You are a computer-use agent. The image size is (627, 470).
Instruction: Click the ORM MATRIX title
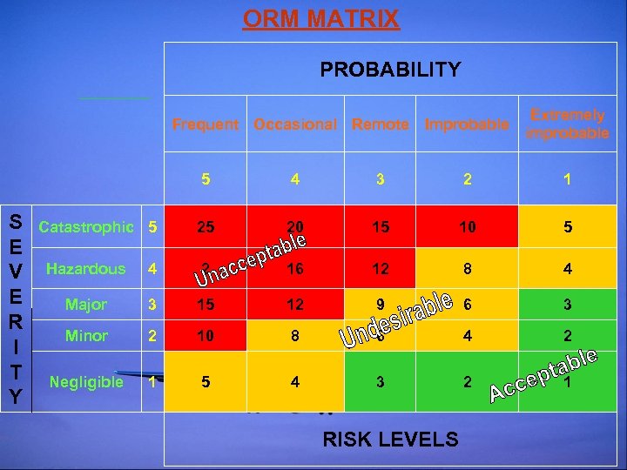[x=320, y=19]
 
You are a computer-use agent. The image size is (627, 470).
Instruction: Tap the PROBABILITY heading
[x=390, y=70]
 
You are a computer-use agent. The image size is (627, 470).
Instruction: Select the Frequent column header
[x=205, y=124]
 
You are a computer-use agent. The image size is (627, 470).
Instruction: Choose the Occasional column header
[x=295, y=124]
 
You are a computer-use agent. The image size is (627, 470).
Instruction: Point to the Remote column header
[x=380, y=124]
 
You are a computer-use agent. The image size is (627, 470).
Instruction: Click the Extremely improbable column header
[x=568, y=124]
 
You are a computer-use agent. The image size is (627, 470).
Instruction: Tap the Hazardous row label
[x=85, y=269]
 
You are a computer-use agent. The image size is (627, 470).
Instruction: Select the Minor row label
[x=87, y=335]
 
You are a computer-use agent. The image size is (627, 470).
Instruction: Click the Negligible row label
[x=86, y=382]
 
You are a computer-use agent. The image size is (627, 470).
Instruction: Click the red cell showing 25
[x=206, y=228]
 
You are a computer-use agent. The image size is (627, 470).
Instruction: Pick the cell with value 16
[x=295, y=270]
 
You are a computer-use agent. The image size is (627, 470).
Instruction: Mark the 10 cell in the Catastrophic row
[x=468, y=228]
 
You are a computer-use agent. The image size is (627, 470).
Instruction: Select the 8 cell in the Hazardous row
[x=468, y=270]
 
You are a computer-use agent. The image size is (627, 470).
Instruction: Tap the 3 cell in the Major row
[x=567, y=305]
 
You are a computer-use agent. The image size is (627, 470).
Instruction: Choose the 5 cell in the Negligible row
[x=206, y=382]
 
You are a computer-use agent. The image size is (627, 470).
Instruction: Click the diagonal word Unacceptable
[x=251, y=258]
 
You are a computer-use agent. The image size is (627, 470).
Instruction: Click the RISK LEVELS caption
[x=390, y=440]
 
